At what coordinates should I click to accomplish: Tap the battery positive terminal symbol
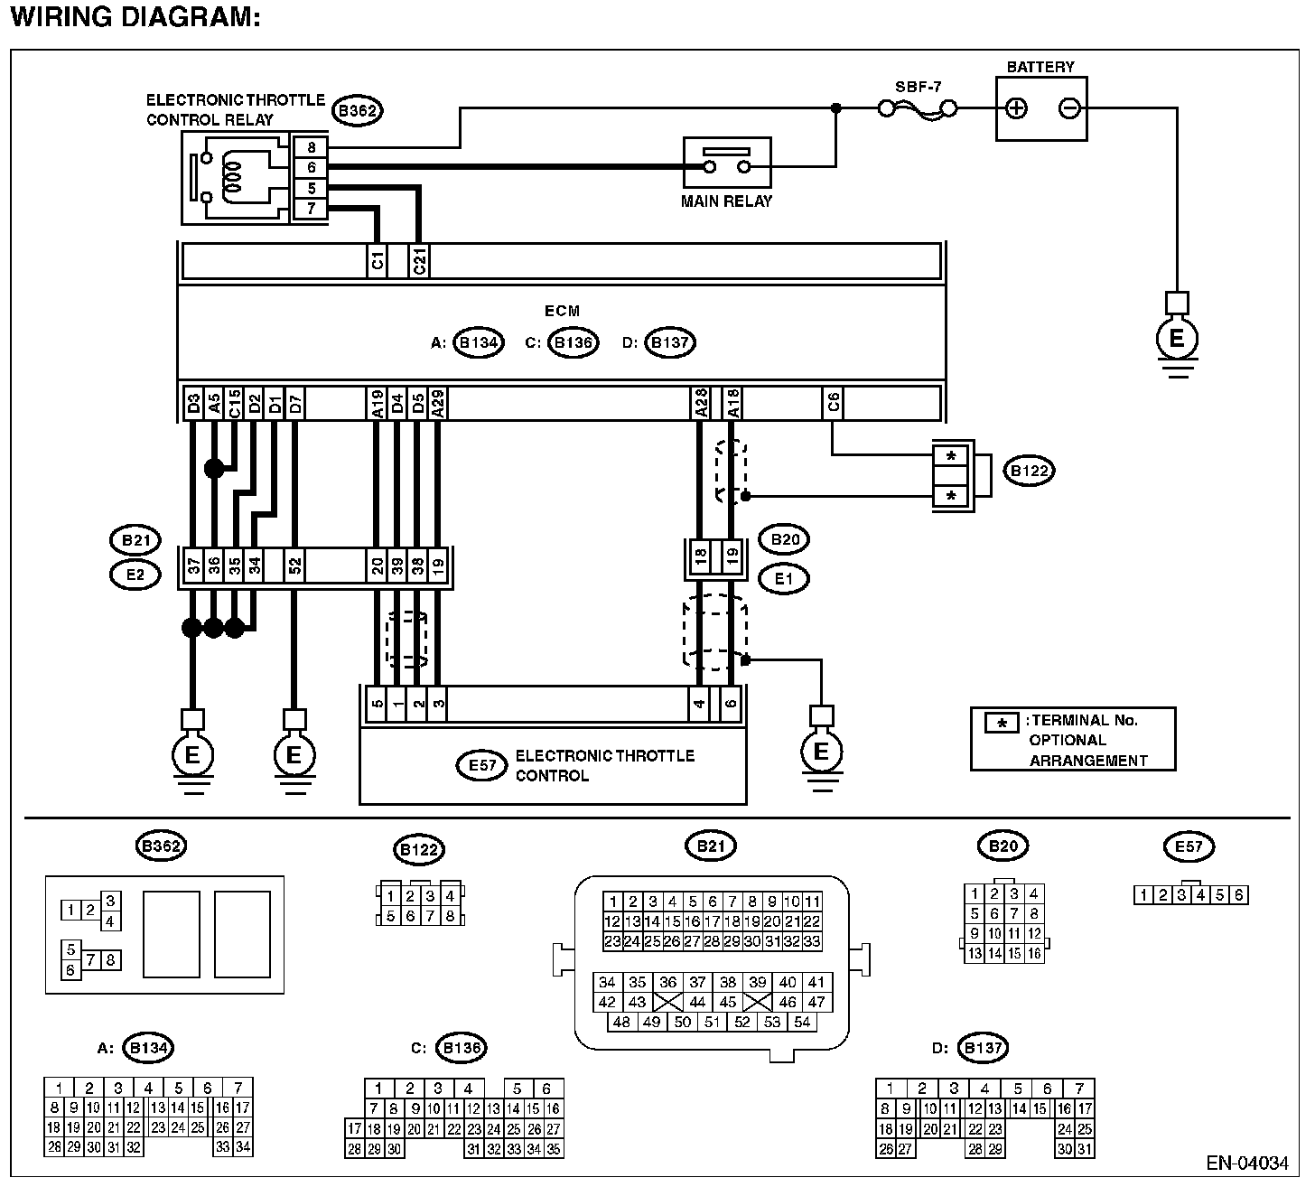tap(1016, 108)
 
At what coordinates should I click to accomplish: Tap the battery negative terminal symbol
tap(1069, 108)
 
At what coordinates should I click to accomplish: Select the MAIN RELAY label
tap(726, 201)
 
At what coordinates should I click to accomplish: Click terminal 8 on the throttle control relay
tap(312, 147)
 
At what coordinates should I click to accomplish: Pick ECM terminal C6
tap(833, 403)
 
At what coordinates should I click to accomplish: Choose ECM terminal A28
tap(700, 403)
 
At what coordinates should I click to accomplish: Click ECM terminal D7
tap(295, 403)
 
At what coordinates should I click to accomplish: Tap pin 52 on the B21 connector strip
tap(295, 565)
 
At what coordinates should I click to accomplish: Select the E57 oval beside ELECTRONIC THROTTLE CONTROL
tap(481, 765)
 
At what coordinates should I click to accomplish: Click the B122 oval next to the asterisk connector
tap(1030, 471)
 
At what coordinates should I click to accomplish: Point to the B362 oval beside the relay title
tap(358, 111)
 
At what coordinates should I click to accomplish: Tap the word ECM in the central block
tap(563, 311)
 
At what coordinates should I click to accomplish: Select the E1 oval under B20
tap(784, 579)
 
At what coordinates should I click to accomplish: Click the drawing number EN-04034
tap(1247, 1164)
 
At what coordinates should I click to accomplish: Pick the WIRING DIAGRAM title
tap(135, 17)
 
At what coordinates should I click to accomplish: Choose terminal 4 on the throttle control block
tap(699, 705)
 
